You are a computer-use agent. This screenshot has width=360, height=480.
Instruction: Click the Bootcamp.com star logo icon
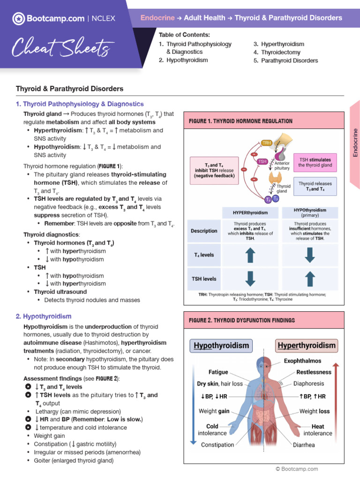pos(18,19)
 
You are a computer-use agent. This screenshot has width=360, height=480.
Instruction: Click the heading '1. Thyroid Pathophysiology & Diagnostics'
pos(80,104)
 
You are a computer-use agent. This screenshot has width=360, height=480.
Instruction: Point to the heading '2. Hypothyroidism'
pos(44,316)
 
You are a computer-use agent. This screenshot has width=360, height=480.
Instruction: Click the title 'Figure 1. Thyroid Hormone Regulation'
pos(240,121)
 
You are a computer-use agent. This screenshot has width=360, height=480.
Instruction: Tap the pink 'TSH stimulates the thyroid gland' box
pos(315,162)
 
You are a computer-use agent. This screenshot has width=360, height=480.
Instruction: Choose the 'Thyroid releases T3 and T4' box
pos(315,187)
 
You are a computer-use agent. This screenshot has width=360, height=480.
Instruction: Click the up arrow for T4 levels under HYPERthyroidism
pos(250,255)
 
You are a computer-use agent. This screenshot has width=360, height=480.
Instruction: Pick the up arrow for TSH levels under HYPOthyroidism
pos(309,278)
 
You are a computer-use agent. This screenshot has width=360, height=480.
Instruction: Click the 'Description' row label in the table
pos(204,231)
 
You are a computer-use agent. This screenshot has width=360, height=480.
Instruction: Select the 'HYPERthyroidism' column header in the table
pos(250,213)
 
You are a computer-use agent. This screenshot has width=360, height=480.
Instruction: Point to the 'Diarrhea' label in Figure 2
pos(304,445)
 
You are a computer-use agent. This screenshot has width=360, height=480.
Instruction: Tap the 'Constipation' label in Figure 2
pos(217,444)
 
